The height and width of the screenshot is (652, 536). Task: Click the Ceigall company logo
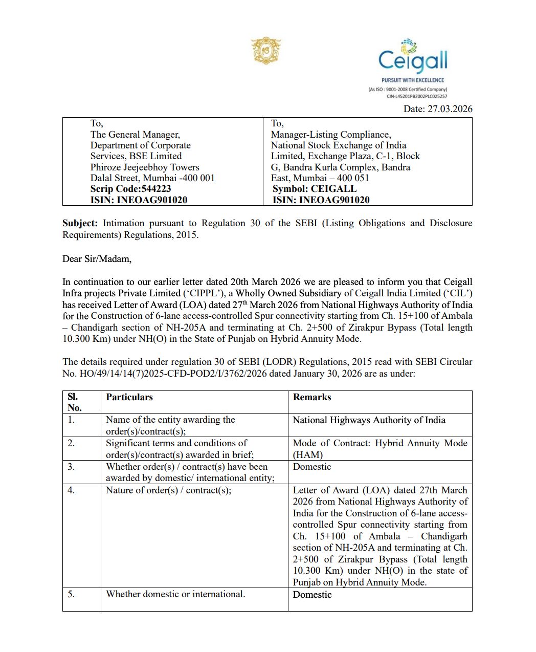point(412,57)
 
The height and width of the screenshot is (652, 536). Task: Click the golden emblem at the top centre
point(266,51)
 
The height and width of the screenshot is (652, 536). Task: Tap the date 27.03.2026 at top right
point(450,109)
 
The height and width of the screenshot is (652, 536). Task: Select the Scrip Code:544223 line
point(130,189)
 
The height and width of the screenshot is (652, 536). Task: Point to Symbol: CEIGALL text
point(314,189)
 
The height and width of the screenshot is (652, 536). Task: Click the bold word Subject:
point(80,223)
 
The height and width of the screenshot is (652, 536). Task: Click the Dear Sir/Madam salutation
point(97,259)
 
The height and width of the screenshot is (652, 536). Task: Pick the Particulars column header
point(129,397)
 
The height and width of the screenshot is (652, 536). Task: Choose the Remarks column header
point(312,397)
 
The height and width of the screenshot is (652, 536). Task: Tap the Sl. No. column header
point(74,402)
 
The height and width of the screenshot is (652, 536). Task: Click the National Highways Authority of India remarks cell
point(369,420)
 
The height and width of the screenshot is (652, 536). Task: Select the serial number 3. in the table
point(71,467)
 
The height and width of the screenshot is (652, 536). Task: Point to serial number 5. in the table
point(71,594)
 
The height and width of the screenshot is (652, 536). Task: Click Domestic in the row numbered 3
point(312,467)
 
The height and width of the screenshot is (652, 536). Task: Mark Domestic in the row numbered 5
point(312,595)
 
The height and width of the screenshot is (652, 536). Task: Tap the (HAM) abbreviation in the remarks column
point(308,455)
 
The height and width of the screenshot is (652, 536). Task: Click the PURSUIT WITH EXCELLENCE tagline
point(413,80)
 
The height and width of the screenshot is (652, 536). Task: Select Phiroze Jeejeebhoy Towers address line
point(145,167)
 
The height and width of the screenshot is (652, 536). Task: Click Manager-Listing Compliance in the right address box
point(331,135)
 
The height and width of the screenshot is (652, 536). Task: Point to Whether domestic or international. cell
point(175,594)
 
